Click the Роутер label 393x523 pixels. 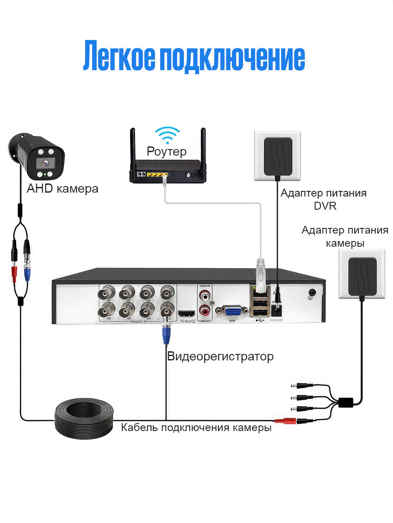click(x=166, y=151)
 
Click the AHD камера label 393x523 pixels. click(x=62, y=189)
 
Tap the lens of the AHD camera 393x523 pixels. click(x=44, y=163)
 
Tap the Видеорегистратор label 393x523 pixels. click(x=220, y=357)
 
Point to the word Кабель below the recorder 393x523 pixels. click(x=139, y=428)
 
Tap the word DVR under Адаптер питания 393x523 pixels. click(x=325, y=206)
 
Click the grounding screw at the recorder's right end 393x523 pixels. click(x=312, y=293)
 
